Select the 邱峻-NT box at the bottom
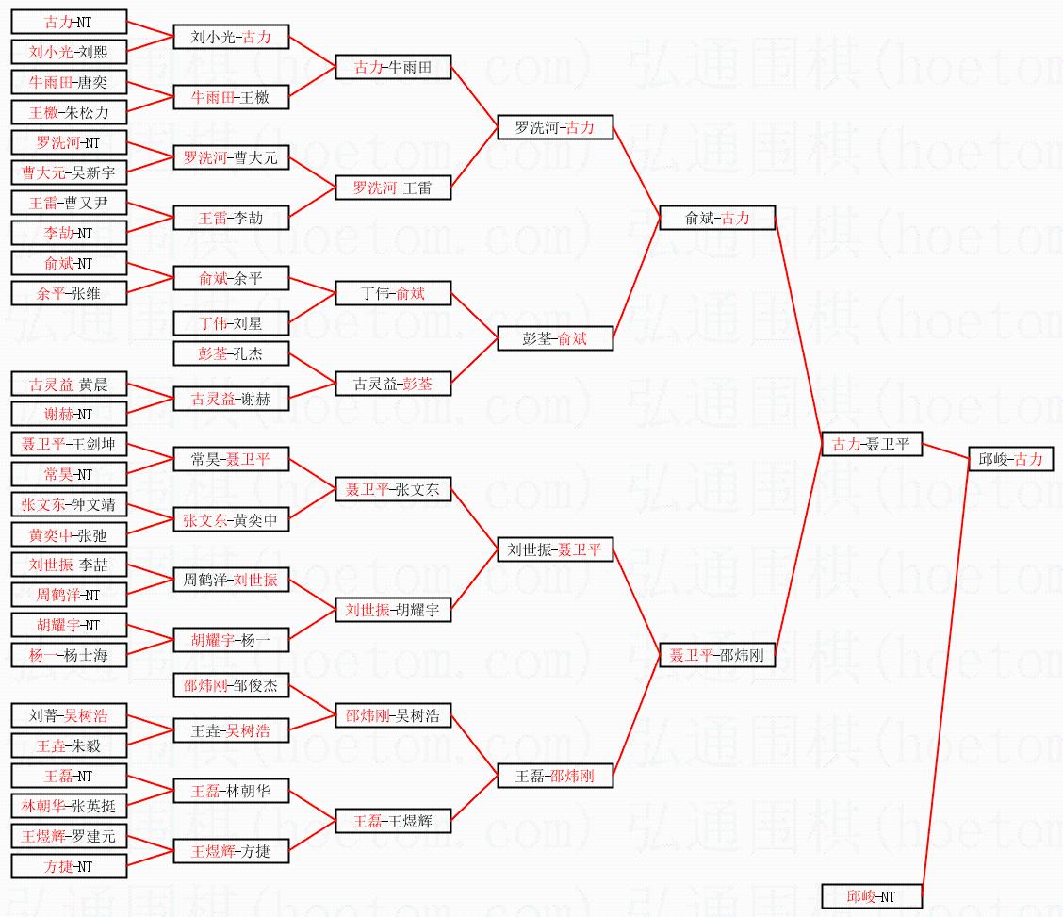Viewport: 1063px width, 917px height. coord(871,896)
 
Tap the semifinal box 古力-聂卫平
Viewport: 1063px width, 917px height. coord(871,444)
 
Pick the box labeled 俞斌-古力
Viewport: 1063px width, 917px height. coord(717,218)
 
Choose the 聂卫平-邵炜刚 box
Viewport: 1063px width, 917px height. coord(717,655)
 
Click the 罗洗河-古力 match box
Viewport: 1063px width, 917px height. coord(555,127)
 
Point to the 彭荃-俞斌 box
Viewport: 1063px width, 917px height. coord(555,338)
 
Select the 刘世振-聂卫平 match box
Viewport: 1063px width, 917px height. coord(555,549)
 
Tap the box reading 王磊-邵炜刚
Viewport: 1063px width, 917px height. coord(555,776)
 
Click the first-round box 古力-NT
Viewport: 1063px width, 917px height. coord(69,22)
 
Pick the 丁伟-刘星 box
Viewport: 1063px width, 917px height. coord(231,323)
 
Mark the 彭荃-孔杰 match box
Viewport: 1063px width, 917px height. coord(231,353)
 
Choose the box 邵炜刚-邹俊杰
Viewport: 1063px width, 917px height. coord(231,685)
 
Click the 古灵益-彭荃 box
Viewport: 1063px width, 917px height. coord(393,384)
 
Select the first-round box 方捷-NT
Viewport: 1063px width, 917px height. coord(69,866)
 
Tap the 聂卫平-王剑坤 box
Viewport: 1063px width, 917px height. coord(69,444)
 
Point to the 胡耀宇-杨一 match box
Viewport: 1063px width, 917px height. coord(231,640)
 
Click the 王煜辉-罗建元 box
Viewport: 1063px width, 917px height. coord(69,836)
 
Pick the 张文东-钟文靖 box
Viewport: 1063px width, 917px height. coord(69,504)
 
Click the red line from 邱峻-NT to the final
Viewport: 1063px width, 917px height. coord(944,679)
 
